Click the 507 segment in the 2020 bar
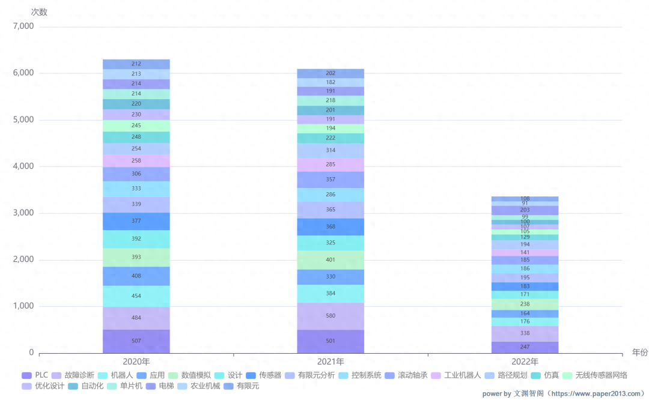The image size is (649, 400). point(136,341)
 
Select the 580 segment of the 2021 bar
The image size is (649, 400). point(331,315)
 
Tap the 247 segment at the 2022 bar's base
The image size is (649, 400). point(525,347)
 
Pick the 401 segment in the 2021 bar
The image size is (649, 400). point(331,259)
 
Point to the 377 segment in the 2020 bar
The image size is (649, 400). point(136,221)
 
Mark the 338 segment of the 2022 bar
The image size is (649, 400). point(525,333)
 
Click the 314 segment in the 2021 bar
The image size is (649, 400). point(331,150)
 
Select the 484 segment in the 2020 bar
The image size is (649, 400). point(136,318)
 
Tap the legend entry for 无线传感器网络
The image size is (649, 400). point(596,375)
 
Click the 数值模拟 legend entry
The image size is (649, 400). point(190,375)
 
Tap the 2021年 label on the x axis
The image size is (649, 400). point(331,362)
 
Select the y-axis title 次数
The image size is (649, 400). point(39,11)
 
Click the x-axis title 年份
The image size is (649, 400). point(639,353)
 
